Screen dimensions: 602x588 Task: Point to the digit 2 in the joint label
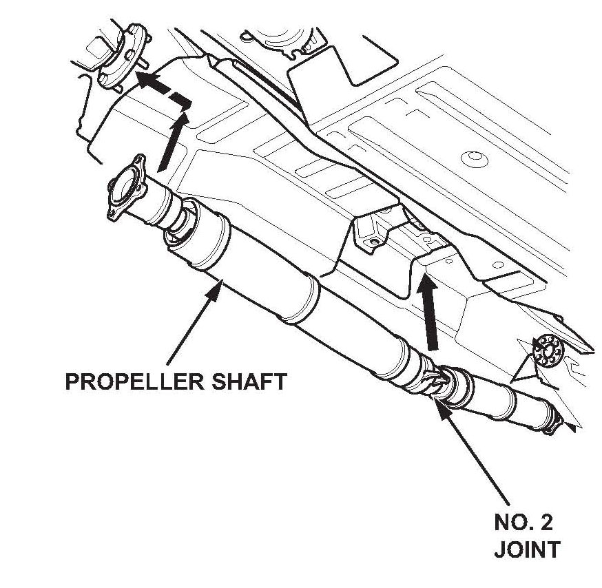(x=544, y=523)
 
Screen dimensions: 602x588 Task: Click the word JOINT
(x=527, y=550)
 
